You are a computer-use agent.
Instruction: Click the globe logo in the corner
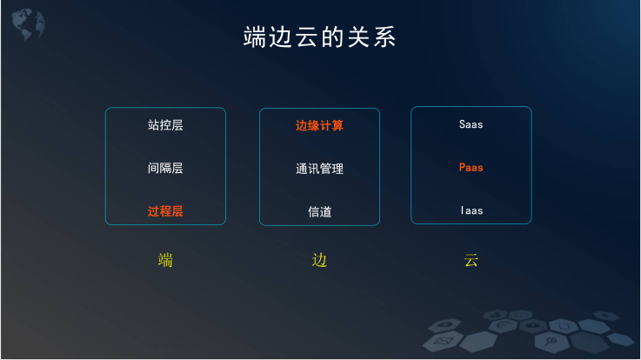(x=28, y=24)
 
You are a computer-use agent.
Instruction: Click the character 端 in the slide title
(x=255, y=37)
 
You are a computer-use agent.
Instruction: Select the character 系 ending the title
(x=384, y=37)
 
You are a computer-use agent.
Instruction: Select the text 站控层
(x=165, y=125)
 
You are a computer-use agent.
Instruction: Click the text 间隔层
(x=165, y=168)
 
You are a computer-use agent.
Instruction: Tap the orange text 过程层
(x=165, y=211)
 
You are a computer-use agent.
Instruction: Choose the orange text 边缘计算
(x=320, y=125)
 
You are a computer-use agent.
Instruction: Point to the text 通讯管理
(x=320, y=169)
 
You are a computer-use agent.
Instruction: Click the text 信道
(x=320, y=211)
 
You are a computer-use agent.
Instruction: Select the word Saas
(x=471, y=124)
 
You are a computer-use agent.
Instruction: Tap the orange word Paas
(x=471, y=168)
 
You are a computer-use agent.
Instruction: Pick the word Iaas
(x=471, y=210)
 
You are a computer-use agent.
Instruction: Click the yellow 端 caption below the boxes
(x=165, y=260)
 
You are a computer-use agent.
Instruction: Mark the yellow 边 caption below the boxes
(x=319, y=260)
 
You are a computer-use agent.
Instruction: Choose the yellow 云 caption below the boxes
(x=471, y=260)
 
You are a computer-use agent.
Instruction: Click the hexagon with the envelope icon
(x=444, y=340)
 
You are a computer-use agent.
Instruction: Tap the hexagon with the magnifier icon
(x=551, y=342)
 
